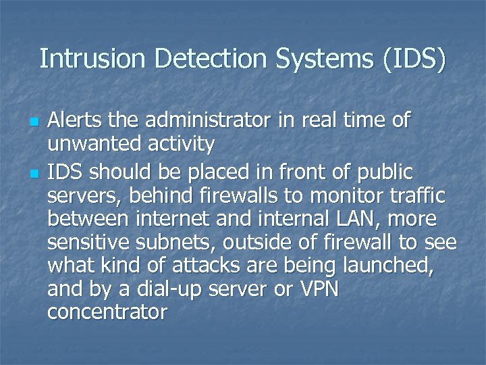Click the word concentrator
click(x=107, y=313)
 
